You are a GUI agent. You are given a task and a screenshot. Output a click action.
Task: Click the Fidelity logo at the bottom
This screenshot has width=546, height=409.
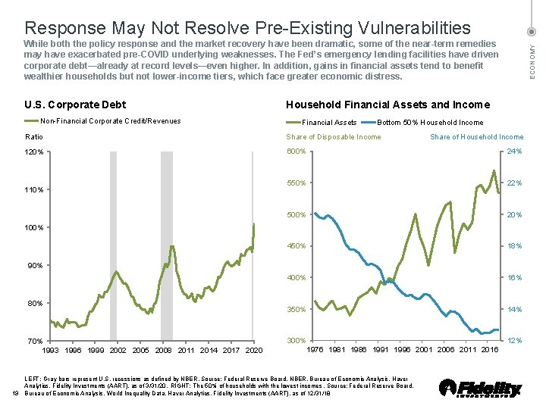(x=480, y=387)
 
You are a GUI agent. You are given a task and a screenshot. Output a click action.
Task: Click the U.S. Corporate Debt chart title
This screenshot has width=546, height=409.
(x=76, y=105)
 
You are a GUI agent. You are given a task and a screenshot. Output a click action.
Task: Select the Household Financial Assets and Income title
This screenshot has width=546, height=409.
(x=388, y=105)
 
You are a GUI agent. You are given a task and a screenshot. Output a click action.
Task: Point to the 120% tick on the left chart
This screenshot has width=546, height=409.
(x=36, y=151)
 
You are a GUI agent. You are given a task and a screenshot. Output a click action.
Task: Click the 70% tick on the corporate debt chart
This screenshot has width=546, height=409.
(x=36, y=342)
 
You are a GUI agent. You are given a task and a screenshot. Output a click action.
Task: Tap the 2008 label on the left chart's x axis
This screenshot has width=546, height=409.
(x=163, y=350)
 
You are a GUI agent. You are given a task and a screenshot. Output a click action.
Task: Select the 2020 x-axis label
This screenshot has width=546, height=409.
(x=254, y=350)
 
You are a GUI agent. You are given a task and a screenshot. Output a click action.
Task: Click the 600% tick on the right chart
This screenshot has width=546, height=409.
(x=297, y=151)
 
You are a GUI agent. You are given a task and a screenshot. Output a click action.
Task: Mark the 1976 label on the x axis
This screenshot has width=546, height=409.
(x=316, y=349)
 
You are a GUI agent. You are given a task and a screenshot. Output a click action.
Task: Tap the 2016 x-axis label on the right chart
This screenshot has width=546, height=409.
(x=489, y=349)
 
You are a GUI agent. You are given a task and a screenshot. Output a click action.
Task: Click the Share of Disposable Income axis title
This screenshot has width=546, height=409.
(x=334, y=137)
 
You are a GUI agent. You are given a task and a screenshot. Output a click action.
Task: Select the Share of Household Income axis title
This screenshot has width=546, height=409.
(x=476, y=137)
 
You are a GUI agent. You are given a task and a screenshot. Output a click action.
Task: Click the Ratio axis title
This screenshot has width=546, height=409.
(x=34, y=137)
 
